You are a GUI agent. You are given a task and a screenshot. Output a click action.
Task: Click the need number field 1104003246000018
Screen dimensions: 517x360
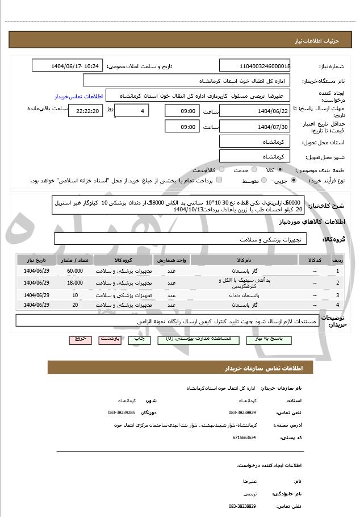tap(254, 66)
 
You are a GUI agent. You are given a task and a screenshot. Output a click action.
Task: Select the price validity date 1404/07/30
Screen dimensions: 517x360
tap(254, 126)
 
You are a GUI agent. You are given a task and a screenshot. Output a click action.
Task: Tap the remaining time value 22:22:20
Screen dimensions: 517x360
tap(85, 111)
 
